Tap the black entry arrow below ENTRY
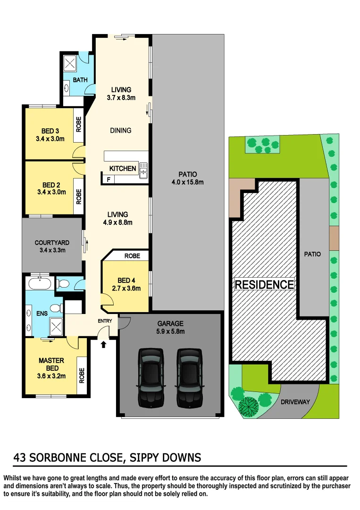pyautogui.click(x=104, y=345)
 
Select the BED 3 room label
pyautogui.click(x=50, y=131)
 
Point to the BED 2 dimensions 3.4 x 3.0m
pyautogui.click(x=50, y=193)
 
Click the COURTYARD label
pyautogui.click(x=52, y=243)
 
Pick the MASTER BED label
pyautogui.click(x=51, y=364)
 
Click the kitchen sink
pyautogui.click(x=143, y=171)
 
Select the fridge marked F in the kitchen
pyautogui.click(x=109, y=180)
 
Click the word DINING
pyautogui.click(x=120, y=130)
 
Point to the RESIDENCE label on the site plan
pyautogui.click(x=264, y=285)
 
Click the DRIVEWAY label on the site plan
pyautogui.click(x=295, y=402)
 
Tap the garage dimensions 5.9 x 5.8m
pyautogui.click(x=171, y=331)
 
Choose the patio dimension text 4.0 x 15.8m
pyautogui.click(x=188, y=182)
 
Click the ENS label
pyautogui.click(x=42, y=313)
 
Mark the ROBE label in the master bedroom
pyautogui.click(x=82, y=375)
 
